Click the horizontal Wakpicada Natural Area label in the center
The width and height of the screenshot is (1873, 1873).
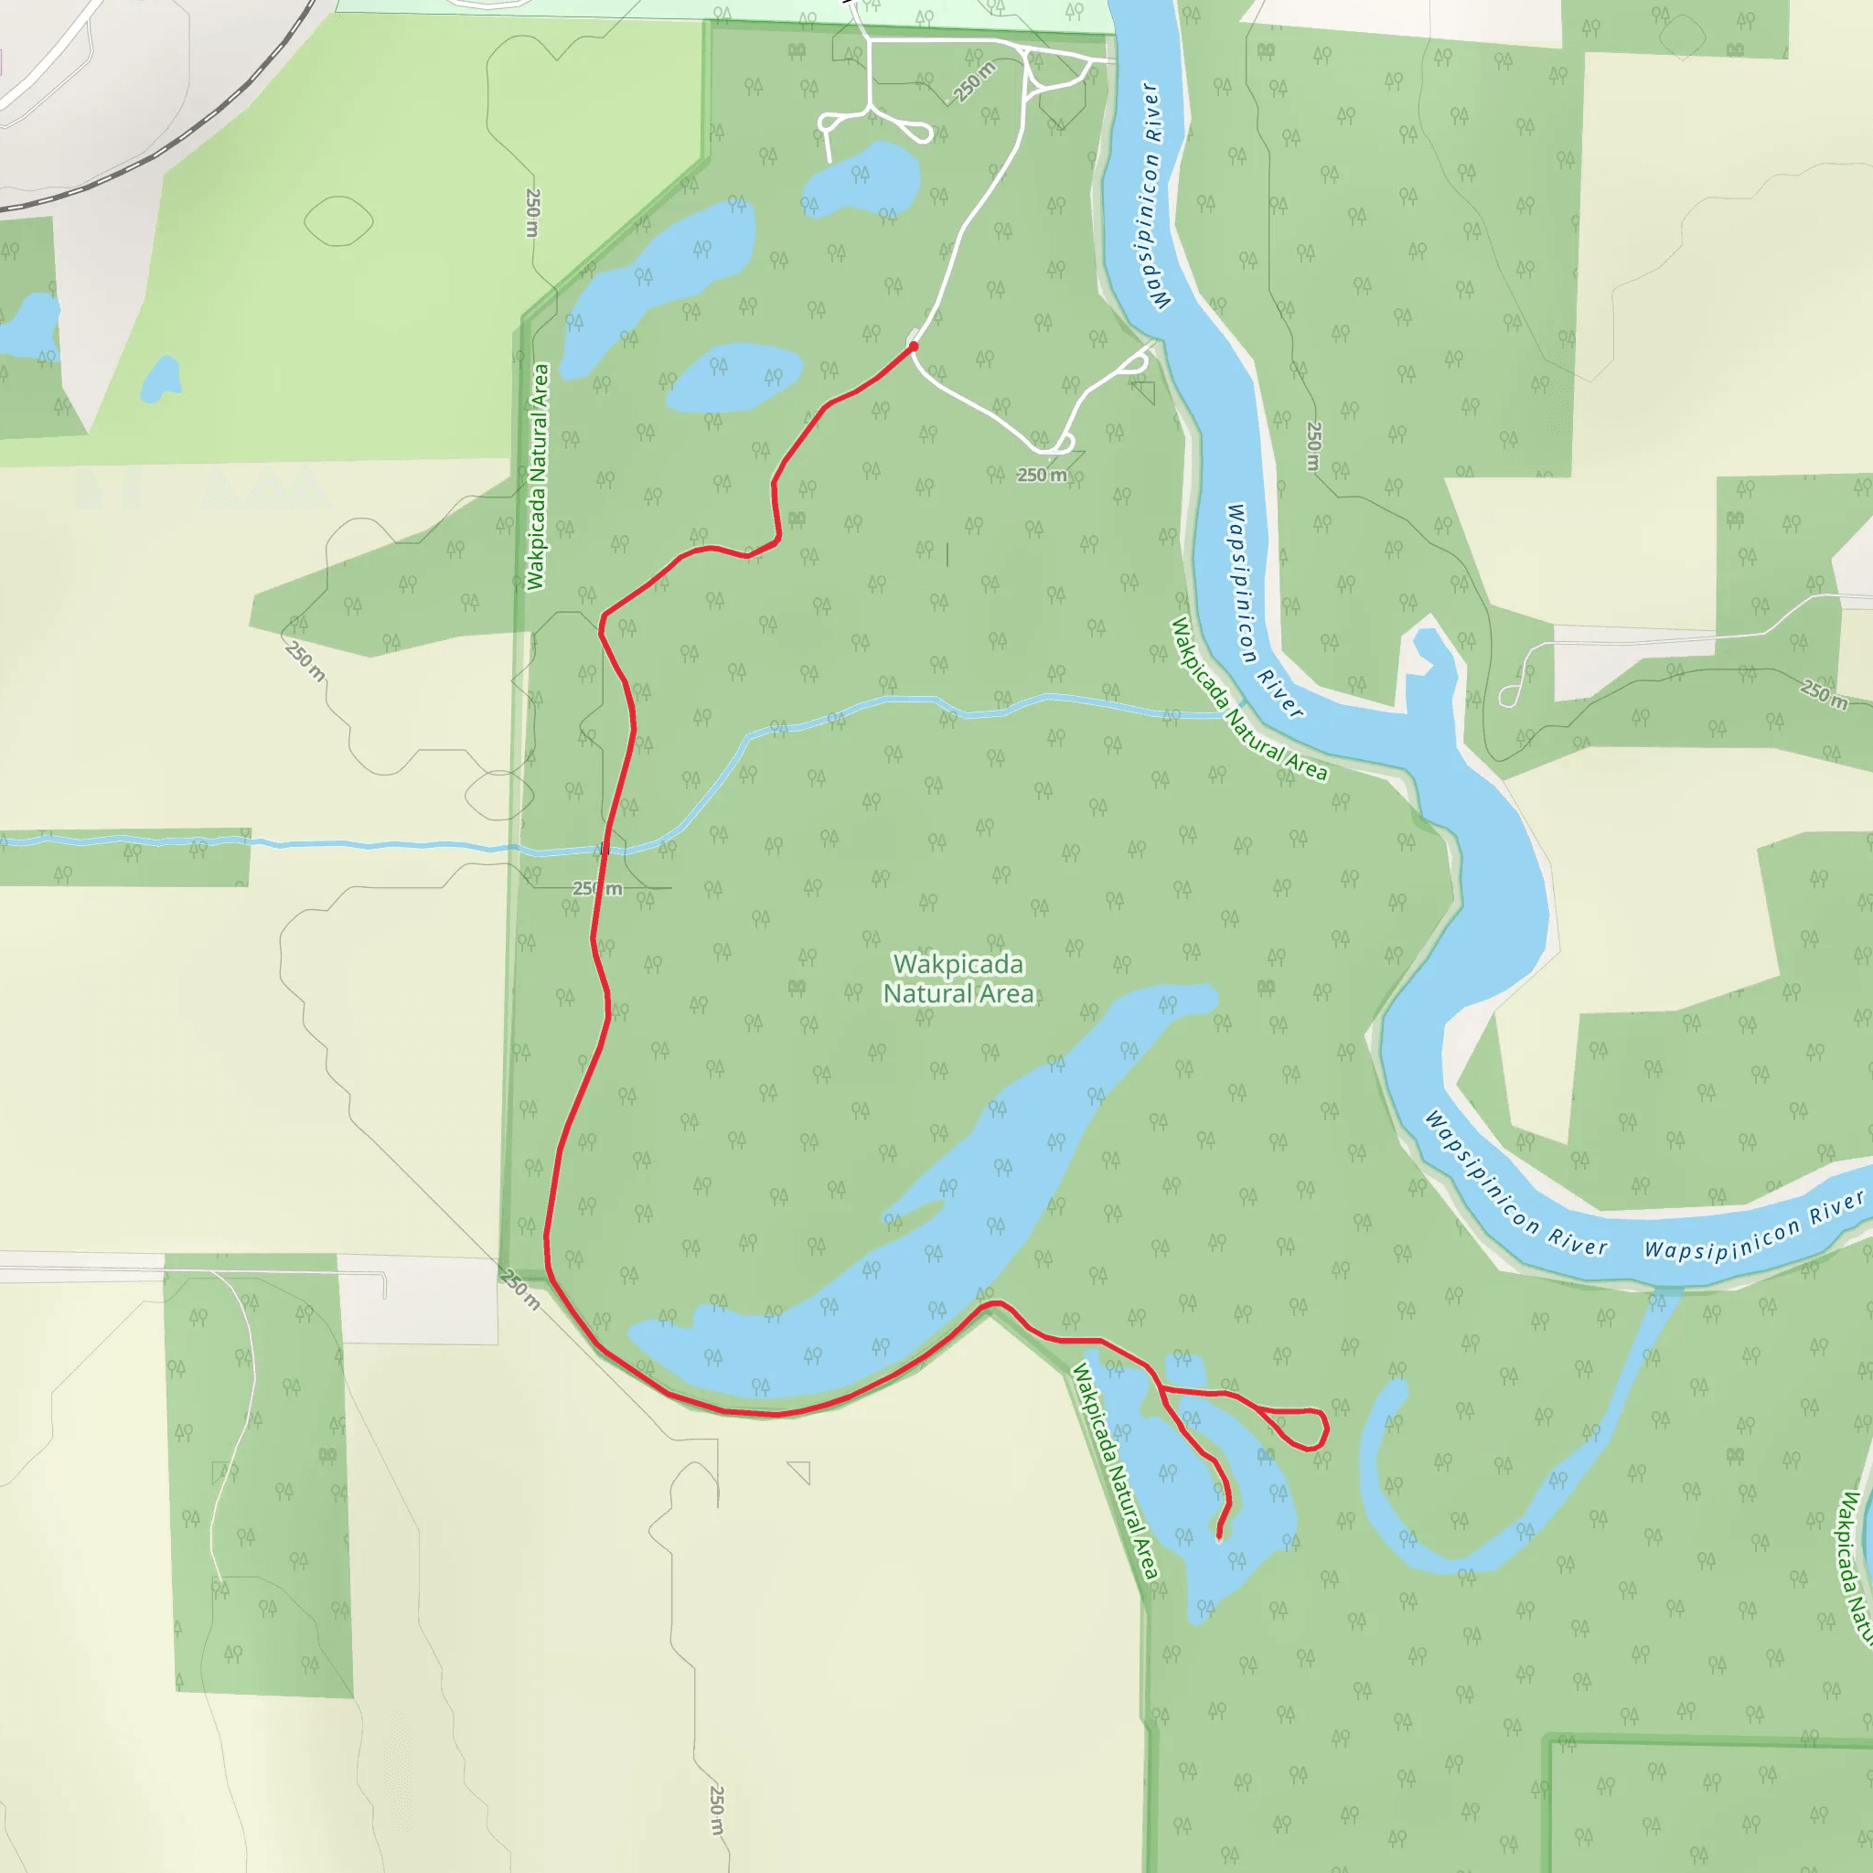958,979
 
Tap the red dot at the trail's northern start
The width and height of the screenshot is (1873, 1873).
914,346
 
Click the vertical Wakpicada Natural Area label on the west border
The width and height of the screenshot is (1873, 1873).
537,477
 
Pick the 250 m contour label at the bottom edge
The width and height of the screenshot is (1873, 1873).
716,1809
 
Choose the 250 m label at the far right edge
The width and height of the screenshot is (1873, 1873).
1824,694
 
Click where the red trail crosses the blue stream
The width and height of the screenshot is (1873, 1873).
605,850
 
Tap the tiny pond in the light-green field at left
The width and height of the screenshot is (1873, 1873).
161,379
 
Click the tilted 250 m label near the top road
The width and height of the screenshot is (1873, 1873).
974,81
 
